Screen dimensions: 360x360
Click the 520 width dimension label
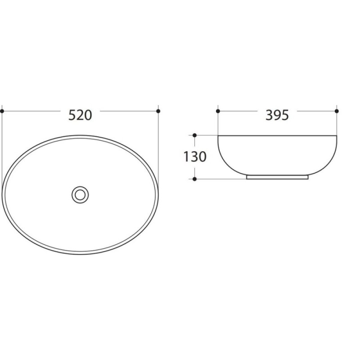[x=81, y=115]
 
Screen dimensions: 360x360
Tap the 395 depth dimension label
[x=277, y=115]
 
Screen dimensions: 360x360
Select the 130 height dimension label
[x=195, y=157]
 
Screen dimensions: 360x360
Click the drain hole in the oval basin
[x=80, y=195]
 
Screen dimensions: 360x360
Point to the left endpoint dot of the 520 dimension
[x=2, y=111]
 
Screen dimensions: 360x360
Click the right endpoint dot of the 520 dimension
[x=158, y=111]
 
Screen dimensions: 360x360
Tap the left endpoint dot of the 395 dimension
[x=218, y=111]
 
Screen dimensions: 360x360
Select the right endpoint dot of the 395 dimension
[x=337, y=111]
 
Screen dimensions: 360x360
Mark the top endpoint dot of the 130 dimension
[x=195, y=135]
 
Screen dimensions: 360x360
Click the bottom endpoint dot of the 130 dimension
[x=195, y=179]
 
